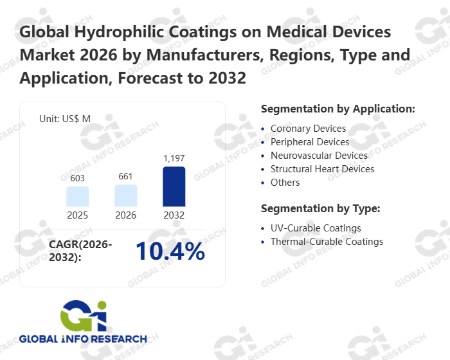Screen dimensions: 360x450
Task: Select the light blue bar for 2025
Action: (x=77, y=196)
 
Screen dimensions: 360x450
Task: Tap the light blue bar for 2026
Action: (x=126, y=195)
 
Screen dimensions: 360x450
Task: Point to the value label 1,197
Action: (x=174, y=158)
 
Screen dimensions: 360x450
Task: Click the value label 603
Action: (x=77, y=178)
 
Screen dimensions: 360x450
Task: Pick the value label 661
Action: (x=126, y=176)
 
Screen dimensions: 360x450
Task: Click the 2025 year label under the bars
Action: (x=77, y=215)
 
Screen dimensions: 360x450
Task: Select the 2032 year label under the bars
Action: (x=174, y=215)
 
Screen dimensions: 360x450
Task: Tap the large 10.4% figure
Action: (x=170, y=252)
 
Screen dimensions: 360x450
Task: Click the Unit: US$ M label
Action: (x=65, y=118)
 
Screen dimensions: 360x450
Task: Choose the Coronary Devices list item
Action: (x=308, y=129)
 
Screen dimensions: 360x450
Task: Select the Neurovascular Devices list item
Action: (x=319, y=156)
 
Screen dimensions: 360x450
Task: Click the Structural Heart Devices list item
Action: (x=322, y=169)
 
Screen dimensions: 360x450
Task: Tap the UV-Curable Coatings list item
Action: (x=316, y=228)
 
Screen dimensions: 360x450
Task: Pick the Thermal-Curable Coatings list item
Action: (x=327, y=242)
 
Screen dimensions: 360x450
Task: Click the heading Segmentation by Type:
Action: (x=321, y=208)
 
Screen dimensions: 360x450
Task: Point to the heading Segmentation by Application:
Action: (x=338, y=109)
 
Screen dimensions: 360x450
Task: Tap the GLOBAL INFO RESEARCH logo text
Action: (x=83, y=339)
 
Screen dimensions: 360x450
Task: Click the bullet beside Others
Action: (x=263, y=183)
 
